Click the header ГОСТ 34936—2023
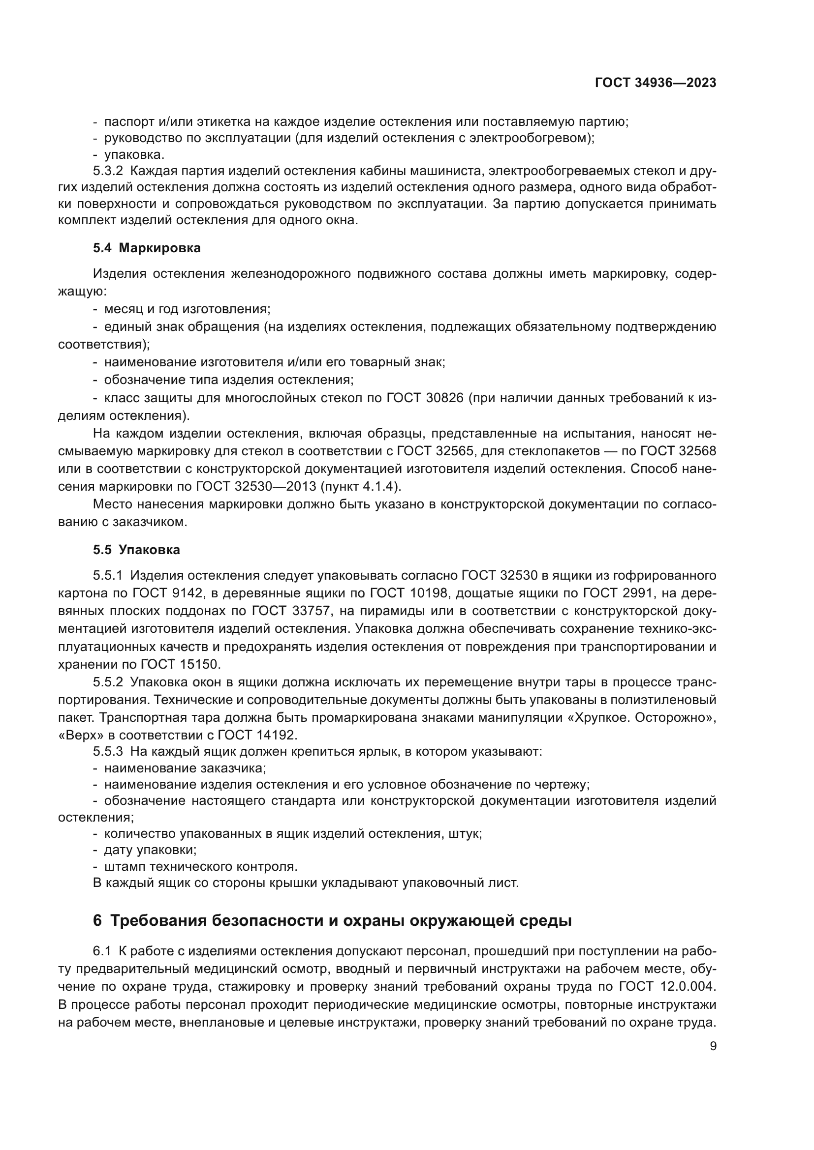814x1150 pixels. click(655, 83)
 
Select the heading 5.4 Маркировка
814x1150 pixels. click(146, 248)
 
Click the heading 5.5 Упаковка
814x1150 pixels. click(136, 550)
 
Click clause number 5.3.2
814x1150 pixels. click(108, 171)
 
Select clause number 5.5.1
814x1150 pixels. click(108, 575)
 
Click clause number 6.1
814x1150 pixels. click(102, 951)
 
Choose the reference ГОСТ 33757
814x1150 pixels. click(291, 611)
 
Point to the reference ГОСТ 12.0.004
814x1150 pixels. click(667, 986)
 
